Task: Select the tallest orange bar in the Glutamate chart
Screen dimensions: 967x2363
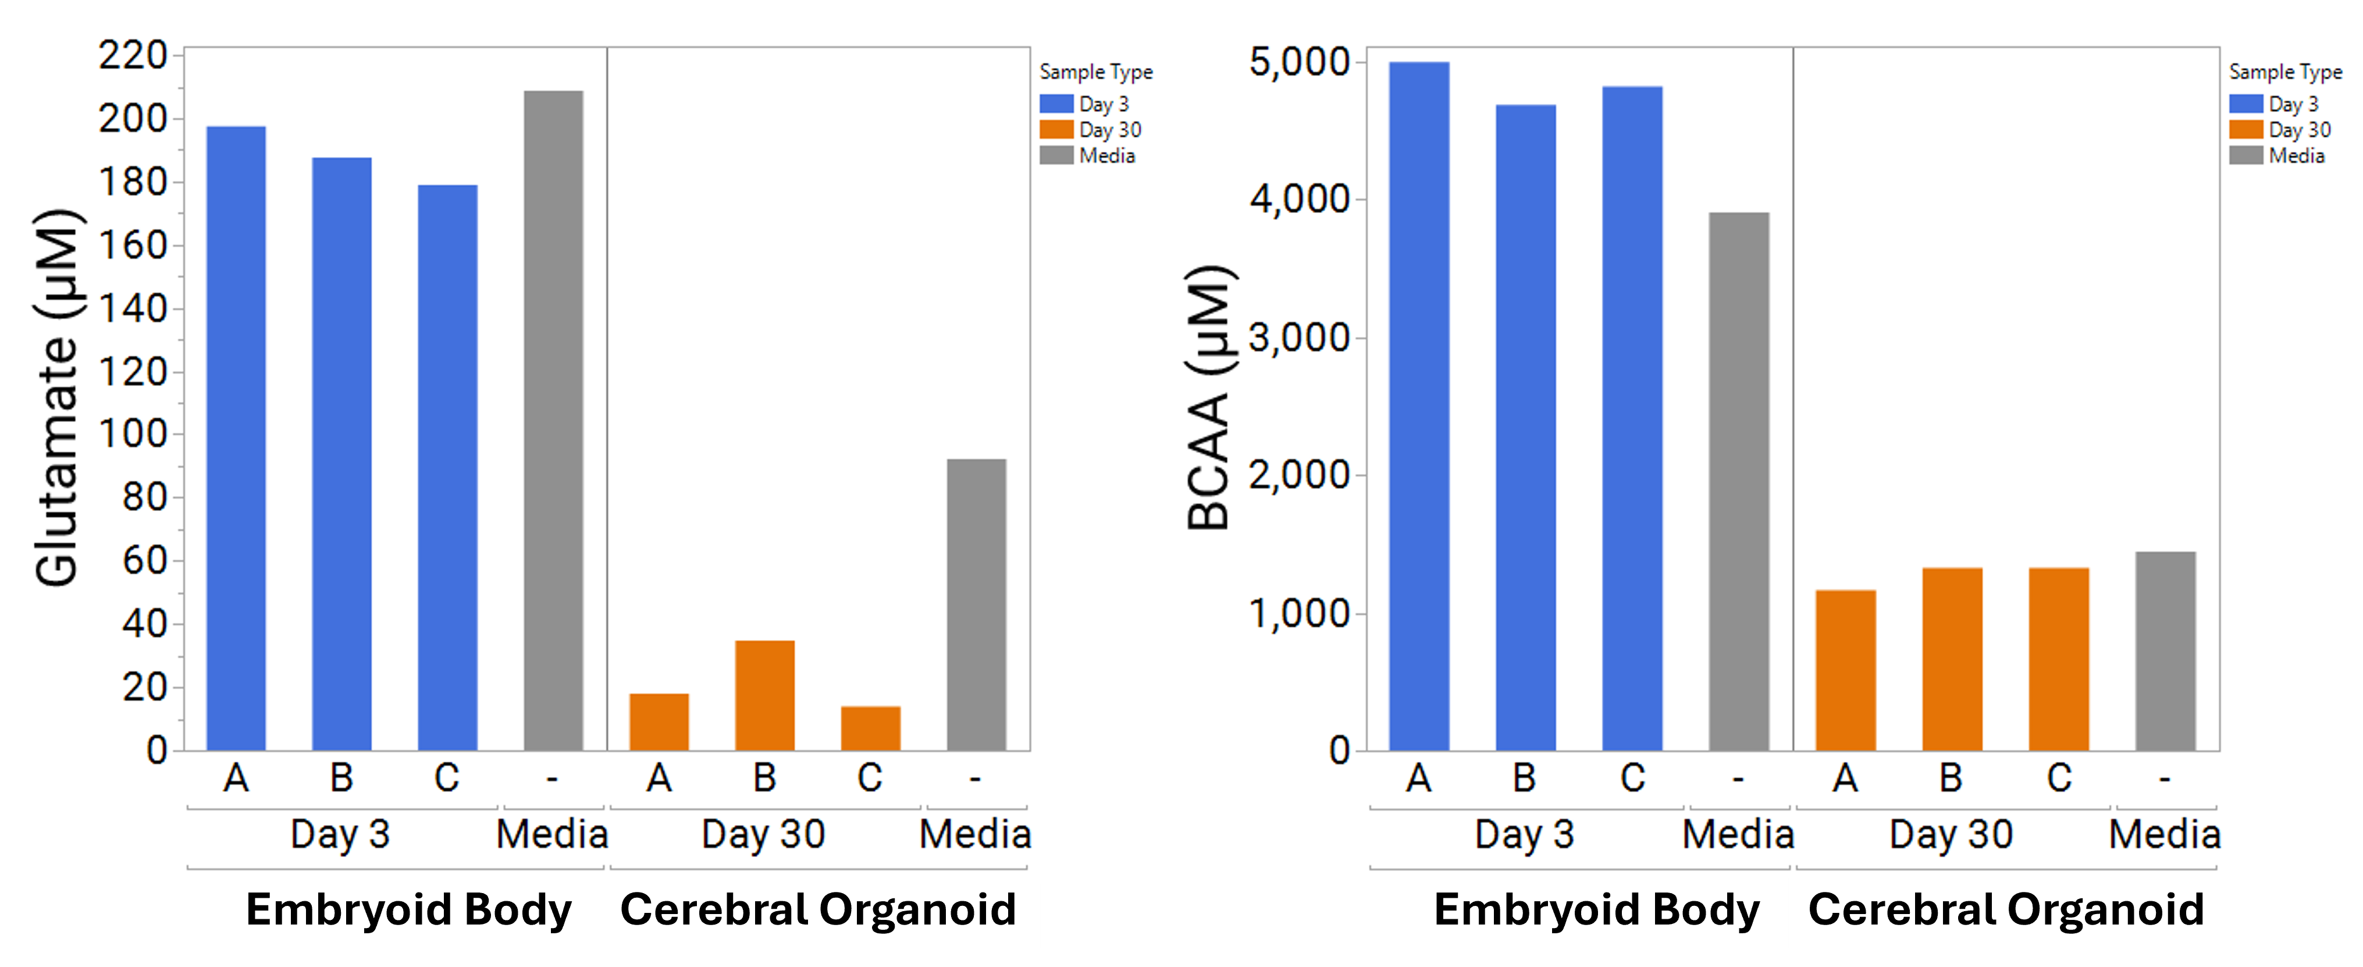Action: pyautogui.click(x=764, y=695)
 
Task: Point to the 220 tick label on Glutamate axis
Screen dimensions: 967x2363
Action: pyautogui.click(x=133, y=56)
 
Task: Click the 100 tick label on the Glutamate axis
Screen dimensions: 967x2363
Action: pyautogui.click(x=133, y=434)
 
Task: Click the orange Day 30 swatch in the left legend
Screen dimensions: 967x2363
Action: pyautogui.click(x=1056, y=129)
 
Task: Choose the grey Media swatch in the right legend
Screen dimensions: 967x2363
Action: pyautogui.click(x=2245, y=155)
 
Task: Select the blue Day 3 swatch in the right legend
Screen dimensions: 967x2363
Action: pyautogui.click(x=2245, y=104)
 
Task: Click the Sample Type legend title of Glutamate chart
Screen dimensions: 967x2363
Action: pyautogui.click(x=1095, y=72)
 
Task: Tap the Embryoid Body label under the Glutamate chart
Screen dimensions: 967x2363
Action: pyautogui.click(x=408, y=910)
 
